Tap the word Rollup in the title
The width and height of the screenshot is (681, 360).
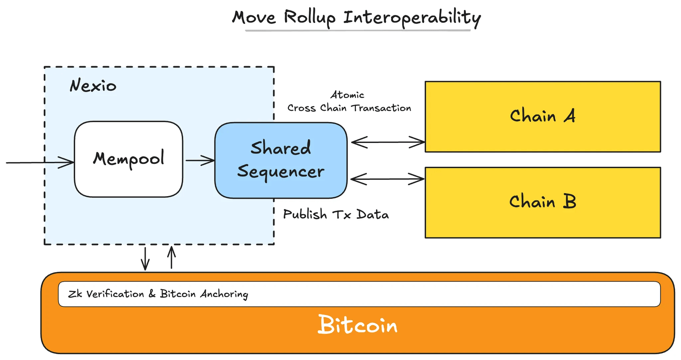(x=310, y=17)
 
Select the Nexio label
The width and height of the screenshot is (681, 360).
(x=93, y=86)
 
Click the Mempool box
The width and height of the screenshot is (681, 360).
(x=128, y=159)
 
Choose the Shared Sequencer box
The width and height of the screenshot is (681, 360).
(x=281, y=160)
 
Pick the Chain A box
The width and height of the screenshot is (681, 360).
(x=543, y=117)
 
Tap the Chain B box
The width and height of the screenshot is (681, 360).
(x=543, y=202)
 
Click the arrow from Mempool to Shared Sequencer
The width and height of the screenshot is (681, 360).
(x=200, y=161)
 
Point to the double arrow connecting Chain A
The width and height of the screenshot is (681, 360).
(x=388, y=142)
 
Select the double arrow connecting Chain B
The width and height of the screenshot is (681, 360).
(x=387, y=179)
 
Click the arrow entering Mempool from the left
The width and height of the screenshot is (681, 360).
(x=40, y=163)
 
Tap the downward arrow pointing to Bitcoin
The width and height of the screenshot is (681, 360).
(x=145, y=259)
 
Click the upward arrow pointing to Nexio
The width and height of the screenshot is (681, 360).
(x=172, y=257)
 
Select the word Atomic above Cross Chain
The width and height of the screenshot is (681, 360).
(x=347, y=95)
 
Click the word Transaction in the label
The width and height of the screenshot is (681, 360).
(x=381, y=108)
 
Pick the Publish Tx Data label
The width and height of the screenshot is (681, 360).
(x=336, y=214)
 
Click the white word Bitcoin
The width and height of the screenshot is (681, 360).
(x=357, y=325)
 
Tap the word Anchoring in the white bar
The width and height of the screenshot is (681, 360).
(x=224, y=294)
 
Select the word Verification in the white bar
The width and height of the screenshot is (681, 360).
(x=115, y=294)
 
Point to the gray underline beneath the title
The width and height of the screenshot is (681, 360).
(x=357, y=31)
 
